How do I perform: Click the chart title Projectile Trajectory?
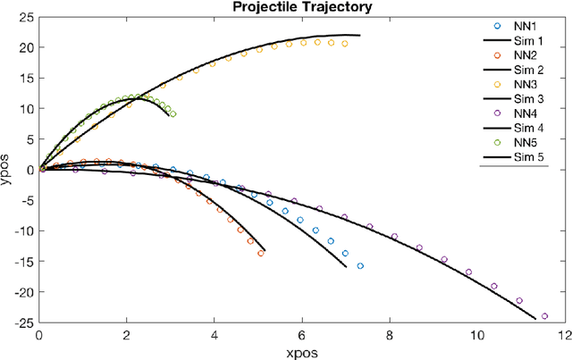(302, 8)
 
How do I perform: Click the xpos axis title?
(302, 352)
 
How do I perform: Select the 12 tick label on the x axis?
(564, 336)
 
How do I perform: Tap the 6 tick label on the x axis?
(302, 336)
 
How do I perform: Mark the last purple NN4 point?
(543, 315)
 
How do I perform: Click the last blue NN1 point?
(360, 265)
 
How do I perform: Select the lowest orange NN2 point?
(261, 253)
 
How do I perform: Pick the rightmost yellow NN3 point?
(345, 43)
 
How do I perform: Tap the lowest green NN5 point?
(172, 114)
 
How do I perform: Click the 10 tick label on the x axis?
(476, 336)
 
